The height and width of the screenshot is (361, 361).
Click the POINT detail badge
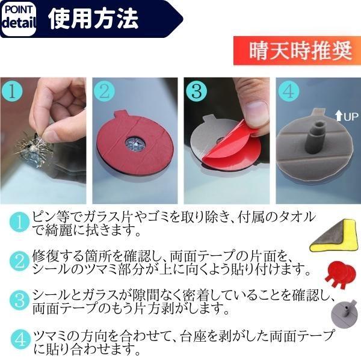[19, 19]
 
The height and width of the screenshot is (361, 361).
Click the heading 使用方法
[93, 19]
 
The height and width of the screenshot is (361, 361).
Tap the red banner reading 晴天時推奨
[298, 51]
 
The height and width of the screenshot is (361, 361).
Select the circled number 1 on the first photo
[12, 91]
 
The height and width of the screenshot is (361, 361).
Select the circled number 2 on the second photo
[104, 91]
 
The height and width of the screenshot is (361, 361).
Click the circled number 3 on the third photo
[196, 91]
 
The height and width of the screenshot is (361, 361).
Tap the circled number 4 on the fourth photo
[288, 91]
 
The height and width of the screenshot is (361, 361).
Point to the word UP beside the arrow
[351, 117]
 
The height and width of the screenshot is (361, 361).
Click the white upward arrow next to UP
[339, 116]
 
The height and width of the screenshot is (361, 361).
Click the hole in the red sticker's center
[135, 145]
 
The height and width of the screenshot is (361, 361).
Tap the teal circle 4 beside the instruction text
[20, 340]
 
